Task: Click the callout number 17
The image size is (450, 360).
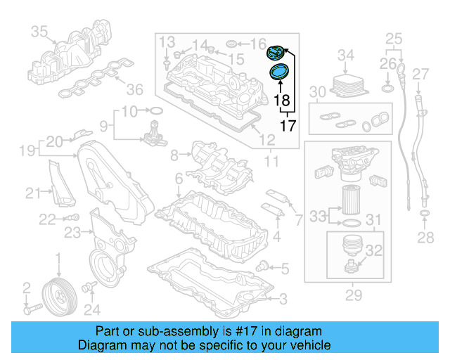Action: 287,127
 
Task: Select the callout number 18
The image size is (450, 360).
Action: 282,101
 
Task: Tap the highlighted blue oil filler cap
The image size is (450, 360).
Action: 275,52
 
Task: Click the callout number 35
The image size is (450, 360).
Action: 39,32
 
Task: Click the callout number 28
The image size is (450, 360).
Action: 425,238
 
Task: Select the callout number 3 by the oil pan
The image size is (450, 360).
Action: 283,300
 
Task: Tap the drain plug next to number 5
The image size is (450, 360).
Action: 263,266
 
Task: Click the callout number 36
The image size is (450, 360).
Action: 134,89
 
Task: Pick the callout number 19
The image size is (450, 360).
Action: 27,150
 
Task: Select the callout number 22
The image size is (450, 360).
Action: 47,219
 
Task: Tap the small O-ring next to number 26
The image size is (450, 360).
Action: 388,89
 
